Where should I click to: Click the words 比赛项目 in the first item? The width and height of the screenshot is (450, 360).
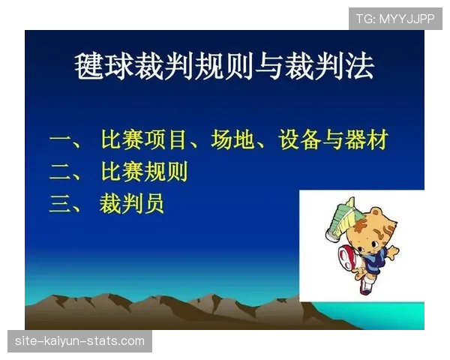[x=143, y=140]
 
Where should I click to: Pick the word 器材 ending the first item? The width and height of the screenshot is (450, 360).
[x=365, y=140]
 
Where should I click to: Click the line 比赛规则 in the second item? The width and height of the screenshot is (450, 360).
[x=143, y=172]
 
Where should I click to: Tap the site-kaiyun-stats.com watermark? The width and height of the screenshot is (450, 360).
[x=80, y=341]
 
